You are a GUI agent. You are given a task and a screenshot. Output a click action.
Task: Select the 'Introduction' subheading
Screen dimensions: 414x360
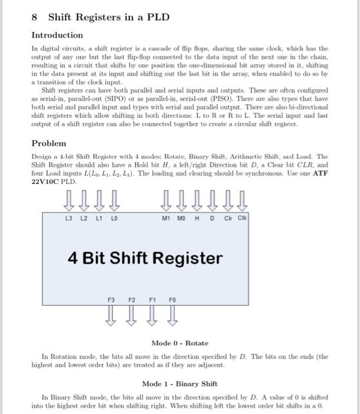57,35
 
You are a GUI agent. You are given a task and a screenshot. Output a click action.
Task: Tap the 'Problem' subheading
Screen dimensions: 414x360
48,143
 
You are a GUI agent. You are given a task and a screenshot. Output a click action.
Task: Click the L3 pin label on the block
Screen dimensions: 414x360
69,218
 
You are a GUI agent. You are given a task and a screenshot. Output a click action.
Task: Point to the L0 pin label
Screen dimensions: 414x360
113,218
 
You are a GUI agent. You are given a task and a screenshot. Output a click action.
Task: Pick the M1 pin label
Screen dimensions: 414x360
167,218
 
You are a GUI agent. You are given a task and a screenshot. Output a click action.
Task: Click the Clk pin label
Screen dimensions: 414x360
242,218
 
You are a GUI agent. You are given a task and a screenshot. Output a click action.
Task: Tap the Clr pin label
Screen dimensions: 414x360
228,218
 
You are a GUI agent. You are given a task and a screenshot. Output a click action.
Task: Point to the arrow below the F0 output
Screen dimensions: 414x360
173,316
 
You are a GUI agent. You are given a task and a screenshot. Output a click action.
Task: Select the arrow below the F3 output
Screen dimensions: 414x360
111,316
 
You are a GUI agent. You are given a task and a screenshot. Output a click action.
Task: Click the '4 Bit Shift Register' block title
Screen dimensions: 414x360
145,258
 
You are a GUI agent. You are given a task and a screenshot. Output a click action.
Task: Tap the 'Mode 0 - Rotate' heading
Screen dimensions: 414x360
180,343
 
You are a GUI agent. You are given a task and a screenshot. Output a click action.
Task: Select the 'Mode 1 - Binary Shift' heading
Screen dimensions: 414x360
180,383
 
